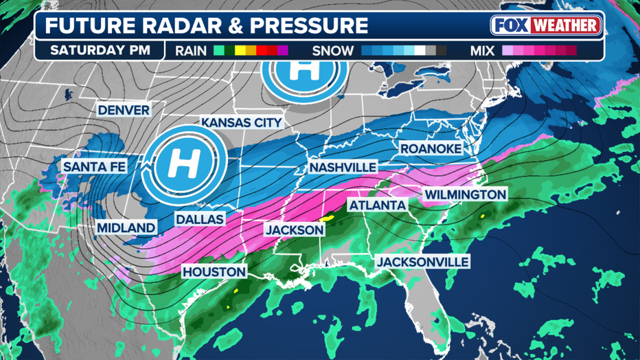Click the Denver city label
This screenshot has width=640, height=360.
(x=124, y=110)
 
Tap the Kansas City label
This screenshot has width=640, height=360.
(x=241, y=122)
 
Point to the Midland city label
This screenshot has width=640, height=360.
(x=126, y=227)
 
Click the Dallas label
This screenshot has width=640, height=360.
(x=200, y=218)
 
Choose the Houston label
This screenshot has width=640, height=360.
(x=214, y=272)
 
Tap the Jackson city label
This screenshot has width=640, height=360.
(x=294, y=229)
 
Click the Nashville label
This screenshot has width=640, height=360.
(x=343, y=167)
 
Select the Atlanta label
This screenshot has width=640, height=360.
(x=378, y=205)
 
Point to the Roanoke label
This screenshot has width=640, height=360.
(x=431, y=148)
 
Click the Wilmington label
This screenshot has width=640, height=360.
(x=465, y=194)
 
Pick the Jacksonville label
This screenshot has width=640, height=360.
(x=422, y=262)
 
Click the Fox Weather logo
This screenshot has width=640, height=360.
(x=547, y=26)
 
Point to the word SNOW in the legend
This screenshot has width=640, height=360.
(x=333, y=50)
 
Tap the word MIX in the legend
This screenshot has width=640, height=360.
(x=483, y=50)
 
